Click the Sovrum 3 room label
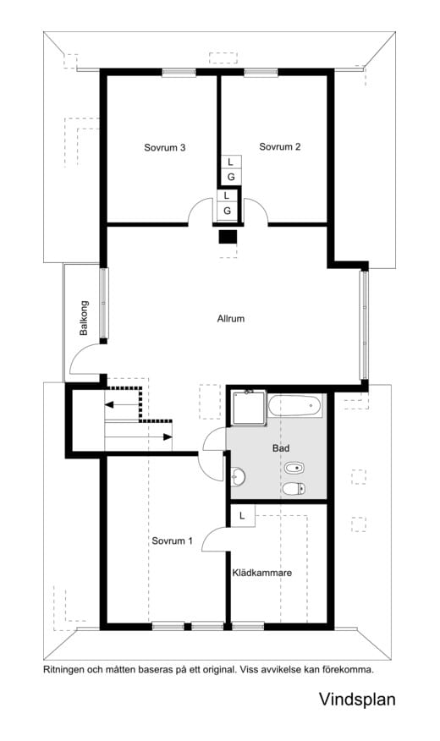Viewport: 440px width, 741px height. (x=164, y=147)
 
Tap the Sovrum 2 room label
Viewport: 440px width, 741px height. (x=280, y=146)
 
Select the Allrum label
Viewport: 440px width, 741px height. (x=231, y=319)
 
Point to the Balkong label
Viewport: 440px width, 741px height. (x=84, y=317)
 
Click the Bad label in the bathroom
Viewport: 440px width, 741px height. (x=281, y=448)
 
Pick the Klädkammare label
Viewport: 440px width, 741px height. (x=261, y=573)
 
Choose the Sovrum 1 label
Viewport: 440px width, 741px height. (x=172, y=541)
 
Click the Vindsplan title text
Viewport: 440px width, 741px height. (x=357, y=699)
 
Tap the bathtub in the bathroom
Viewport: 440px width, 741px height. (x=295, y=405)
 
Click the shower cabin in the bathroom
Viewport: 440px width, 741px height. (x=249, y=407)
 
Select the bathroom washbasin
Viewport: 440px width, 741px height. (x=239, y=477)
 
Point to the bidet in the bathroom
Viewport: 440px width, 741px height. (x=294, y=469)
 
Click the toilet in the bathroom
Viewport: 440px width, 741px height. (x=294, y=489)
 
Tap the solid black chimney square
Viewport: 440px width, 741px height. (x=228, y=236)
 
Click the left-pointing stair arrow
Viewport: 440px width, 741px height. (x=123, y=404)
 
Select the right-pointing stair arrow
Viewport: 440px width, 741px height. (x=139, y=436)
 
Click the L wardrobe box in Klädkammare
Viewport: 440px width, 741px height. (x=243, y=516)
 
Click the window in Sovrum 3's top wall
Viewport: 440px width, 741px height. (x=179, y=72)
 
